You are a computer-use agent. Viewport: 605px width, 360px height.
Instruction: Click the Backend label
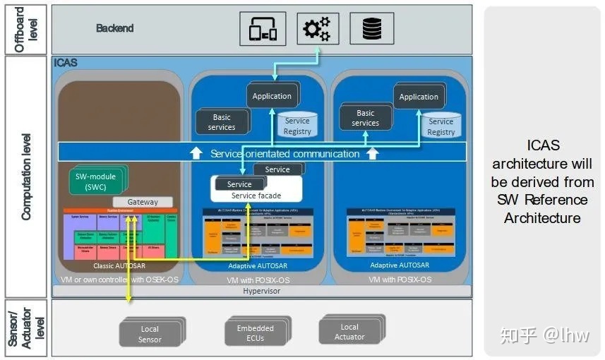click(114, 29)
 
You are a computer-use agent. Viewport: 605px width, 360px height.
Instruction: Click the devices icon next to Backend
click(263, 29)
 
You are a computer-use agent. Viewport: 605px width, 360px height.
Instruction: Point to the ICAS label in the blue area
click(66, 64)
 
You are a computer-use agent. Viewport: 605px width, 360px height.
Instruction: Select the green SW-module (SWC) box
click(95, 181)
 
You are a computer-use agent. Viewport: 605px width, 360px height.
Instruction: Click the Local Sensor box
click(150, 334)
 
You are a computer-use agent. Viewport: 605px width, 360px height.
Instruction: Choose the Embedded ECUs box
click(255, 333)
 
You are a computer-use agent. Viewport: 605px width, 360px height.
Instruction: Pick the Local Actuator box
click(349, 332)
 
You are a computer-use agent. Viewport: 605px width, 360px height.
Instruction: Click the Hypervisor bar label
click(261, 291)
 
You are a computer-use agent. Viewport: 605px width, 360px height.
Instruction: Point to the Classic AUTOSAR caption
click(113, 266)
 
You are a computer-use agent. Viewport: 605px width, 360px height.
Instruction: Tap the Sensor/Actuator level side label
click(25, 328)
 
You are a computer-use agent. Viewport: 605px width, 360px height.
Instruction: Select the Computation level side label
click(26, 176)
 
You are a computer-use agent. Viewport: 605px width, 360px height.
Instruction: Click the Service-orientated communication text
click(284, 153)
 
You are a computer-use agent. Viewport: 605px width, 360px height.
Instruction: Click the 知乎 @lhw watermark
click(544, 334)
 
